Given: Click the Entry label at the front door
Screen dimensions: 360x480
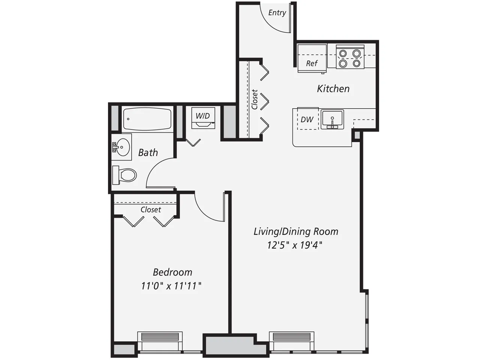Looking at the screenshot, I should click(x=277, y=13).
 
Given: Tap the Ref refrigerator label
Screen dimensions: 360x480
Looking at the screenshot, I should click(x=312, y=63).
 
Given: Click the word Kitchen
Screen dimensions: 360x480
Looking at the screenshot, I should click(x=333, y=89).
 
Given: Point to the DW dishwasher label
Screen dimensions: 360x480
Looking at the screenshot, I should click(x=307, y=120).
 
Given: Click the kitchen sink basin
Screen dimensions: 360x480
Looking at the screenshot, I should click(x=332, y=119).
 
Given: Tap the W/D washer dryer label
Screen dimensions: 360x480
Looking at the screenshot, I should click(x=202, y=116).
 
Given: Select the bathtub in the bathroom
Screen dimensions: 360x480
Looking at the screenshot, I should click(x=147, y=119).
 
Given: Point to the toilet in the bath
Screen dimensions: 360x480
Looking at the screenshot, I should click(x=126, y=175).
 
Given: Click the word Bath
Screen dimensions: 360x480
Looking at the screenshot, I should click(x=148, y=153).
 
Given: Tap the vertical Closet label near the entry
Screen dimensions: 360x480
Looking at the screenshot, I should click(x=255, y=99).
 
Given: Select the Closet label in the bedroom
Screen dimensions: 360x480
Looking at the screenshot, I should click(x=151, y=210).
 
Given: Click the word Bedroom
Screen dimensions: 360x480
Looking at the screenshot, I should click(x=172, y=272).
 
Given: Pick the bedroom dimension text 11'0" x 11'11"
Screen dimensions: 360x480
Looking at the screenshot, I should click(x=171, y=286).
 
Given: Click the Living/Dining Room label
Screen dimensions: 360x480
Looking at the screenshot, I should click(x=296, y=231).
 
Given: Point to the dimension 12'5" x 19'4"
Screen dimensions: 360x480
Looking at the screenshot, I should click(x=295, y=245).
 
